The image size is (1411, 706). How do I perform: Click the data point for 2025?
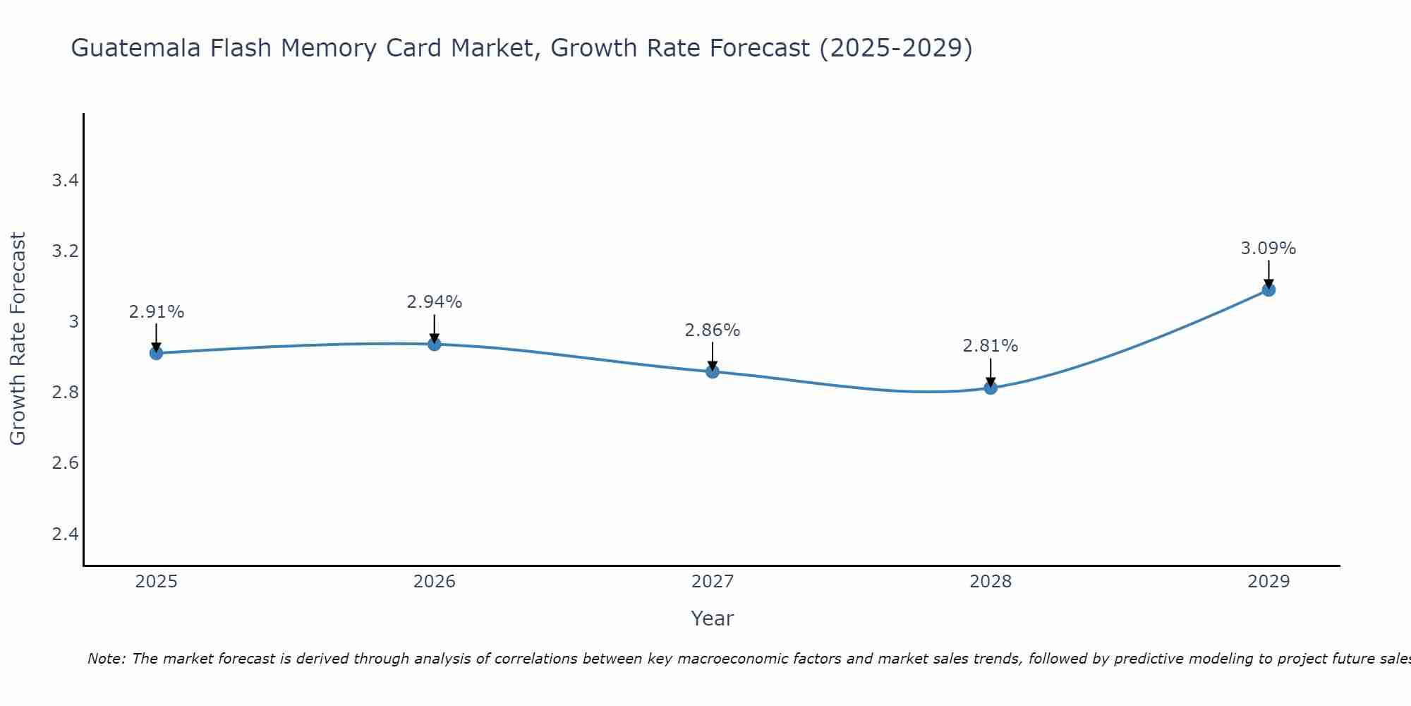(157, 353)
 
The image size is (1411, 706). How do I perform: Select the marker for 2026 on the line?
(435, 344)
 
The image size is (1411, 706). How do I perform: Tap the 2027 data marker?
(713, 371)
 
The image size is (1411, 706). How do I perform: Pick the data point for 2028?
(991, 388)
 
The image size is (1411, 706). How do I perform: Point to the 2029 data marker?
(1268, 289)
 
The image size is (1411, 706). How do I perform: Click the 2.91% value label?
(157, 312)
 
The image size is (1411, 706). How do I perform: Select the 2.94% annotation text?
(435, 302)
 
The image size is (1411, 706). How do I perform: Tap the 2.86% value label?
(713, 330)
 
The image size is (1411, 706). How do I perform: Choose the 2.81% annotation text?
(991, 347)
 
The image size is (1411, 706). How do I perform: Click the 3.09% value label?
(1268, 249)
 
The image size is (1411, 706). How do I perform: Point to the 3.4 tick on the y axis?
(65, 181)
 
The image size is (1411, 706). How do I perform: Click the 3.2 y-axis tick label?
(65, 251)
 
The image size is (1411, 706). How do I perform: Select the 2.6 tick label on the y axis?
(65, 463)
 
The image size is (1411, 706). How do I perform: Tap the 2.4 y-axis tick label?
(65, 534)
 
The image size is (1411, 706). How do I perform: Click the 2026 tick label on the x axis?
(435, 582)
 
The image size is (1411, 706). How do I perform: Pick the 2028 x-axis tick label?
(991, 582)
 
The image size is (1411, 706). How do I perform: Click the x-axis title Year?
(713, 618)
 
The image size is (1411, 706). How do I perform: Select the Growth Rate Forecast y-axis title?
(18, 339)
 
